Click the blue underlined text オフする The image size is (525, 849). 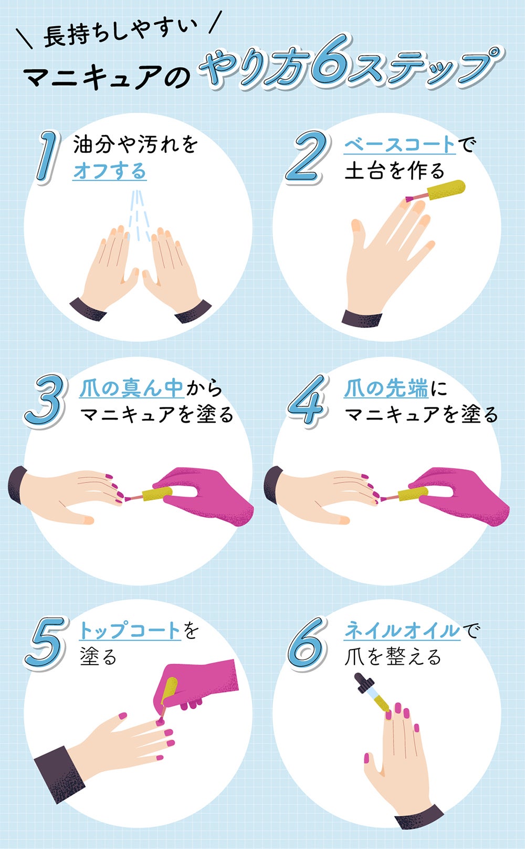[x=109, y=171]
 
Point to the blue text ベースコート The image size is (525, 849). [x=400, y=144]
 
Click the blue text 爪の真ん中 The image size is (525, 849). [x=131, y=388]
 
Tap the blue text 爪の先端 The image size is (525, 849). [x=385, y=388]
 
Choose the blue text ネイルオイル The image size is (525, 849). [x=402, y=630]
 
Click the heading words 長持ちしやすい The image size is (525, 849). [x=120, y=34]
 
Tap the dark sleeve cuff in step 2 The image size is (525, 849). [x=362, y=318]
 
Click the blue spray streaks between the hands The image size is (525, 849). [x=138, y=215]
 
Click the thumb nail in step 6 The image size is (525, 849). [x=366, y=758]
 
